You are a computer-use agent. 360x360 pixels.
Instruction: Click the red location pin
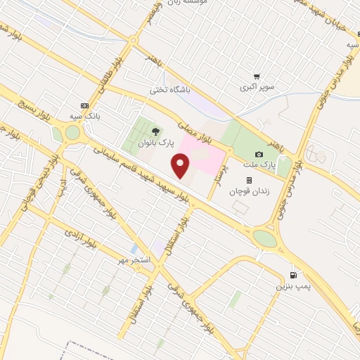coord(181,167)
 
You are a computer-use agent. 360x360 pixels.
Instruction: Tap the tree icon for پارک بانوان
coord(155,131)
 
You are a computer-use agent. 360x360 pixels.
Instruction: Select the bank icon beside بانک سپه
coord(85,104)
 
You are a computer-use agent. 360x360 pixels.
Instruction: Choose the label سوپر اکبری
coord(257,88)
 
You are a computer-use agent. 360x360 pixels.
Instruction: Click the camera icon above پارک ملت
coord(259,154)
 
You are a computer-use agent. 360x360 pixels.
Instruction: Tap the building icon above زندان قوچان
coord(248,179)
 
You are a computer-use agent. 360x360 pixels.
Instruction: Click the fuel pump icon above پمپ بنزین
coord(293,275)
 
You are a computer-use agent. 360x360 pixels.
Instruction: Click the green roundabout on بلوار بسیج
coord(72,132)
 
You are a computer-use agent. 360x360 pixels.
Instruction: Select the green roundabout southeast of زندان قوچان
coord(265,239)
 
